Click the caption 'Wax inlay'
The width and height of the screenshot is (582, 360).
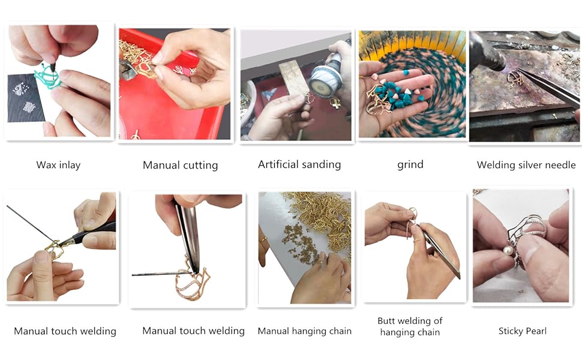coord(58,165)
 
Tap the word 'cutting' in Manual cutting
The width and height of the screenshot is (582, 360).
coord(199,165)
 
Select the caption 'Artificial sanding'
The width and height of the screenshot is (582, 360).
coord(299,164)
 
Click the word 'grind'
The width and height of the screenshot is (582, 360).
coord(410,164)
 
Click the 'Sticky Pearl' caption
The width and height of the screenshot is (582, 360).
coord(522,331)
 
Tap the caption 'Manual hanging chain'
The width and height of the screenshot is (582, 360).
coord(304,331)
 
